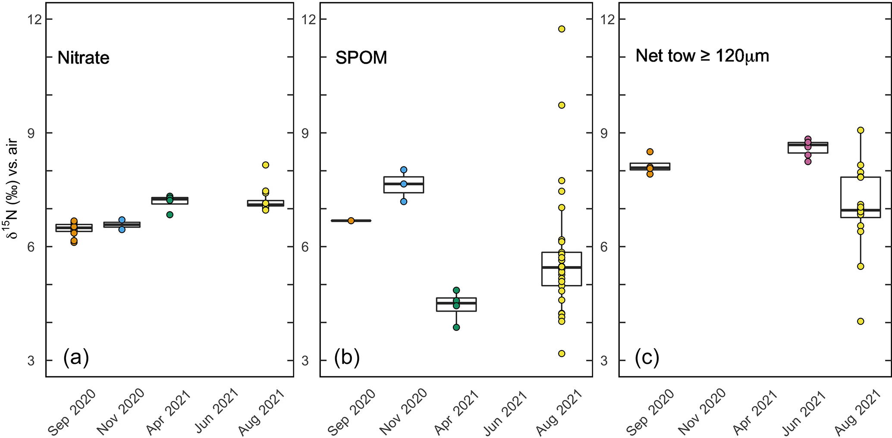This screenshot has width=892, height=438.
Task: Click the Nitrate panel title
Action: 83,58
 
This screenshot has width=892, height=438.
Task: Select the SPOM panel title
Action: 361,58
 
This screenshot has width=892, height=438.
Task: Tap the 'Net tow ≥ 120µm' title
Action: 702,56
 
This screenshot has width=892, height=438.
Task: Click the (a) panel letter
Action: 76,358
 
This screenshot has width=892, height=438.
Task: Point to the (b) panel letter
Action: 347,358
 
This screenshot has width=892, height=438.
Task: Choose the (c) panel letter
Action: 647,358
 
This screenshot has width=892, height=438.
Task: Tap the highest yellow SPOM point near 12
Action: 562,29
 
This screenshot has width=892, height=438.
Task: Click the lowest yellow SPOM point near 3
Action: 562,354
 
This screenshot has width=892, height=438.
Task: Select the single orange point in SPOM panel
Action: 351,221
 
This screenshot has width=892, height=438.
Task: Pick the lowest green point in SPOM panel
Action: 456,327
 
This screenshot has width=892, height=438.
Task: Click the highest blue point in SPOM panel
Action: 404,170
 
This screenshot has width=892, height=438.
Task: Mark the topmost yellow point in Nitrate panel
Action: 265,165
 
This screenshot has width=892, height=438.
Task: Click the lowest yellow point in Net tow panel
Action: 861,321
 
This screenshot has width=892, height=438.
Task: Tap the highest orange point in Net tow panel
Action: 650,152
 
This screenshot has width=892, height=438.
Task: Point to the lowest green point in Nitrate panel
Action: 170,215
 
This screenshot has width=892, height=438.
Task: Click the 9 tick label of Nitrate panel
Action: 31,133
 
